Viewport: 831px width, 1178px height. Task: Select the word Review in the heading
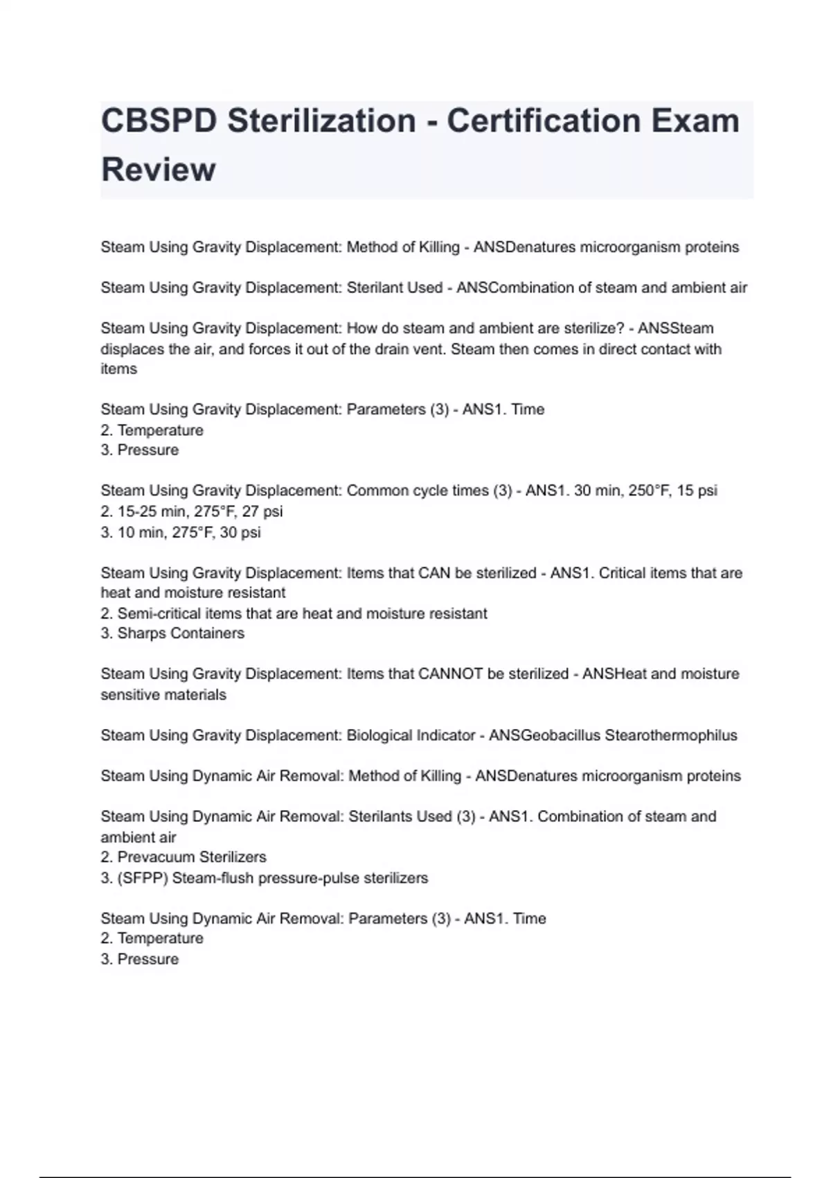pyautogui.click(x=159, y=170)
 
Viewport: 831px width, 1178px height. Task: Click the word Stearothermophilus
pyautogui.click(x=671, y=735)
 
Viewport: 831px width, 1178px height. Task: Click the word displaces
pyautogui.click(x=132, y=349)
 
